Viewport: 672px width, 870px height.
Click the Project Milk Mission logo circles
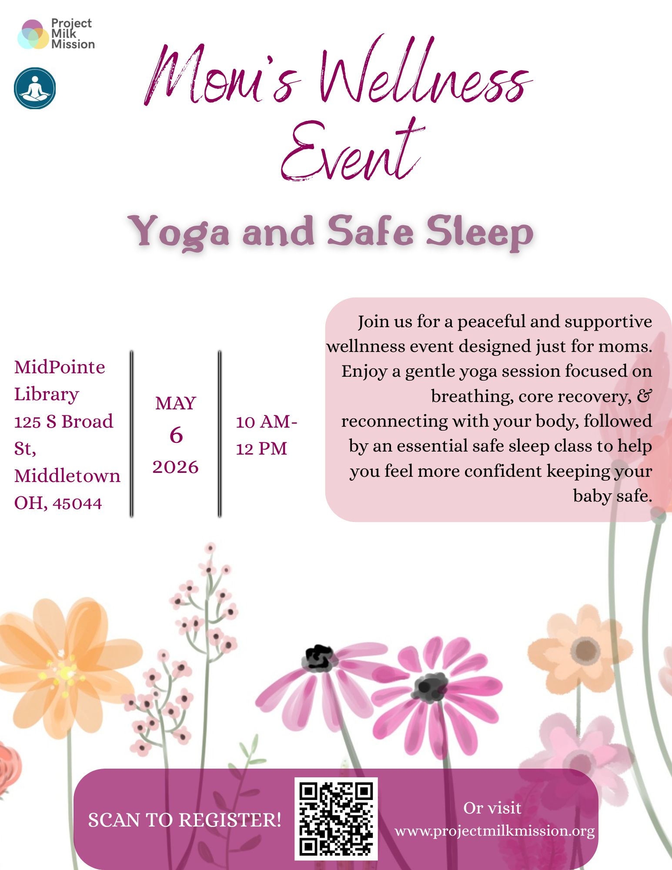pos(33,34)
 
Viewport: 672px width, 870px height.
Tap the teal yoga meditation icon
pos(35,88)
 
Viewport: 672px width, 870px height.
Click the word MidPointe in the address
pos(60,368)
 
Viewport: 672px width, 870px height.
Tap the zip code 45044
pos(77,503)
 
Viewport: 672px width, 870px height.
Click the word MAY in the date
pos(176,404)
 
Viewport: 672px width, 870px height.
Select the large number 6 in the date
pos(176,435)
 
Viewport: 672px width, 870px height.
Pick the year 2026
pos(176,467)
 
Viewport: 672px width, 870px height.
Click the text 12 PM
pos(261,449)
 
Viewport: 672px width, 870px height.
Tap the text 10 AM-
pos(266,422)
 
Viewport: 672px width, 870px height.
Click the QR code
pos(336,819)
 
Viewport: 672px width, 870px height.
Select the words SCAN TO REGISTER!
pos(184,820)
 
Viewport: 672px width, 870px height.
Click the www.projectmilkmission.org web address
pos(495,831)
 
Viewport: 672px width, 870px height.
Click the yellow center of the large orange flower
pos(66,672)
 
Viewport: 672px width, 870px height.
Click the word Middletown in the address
pos(67,476)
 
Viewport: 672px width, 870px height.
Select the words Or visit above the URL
pos(492,808)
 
